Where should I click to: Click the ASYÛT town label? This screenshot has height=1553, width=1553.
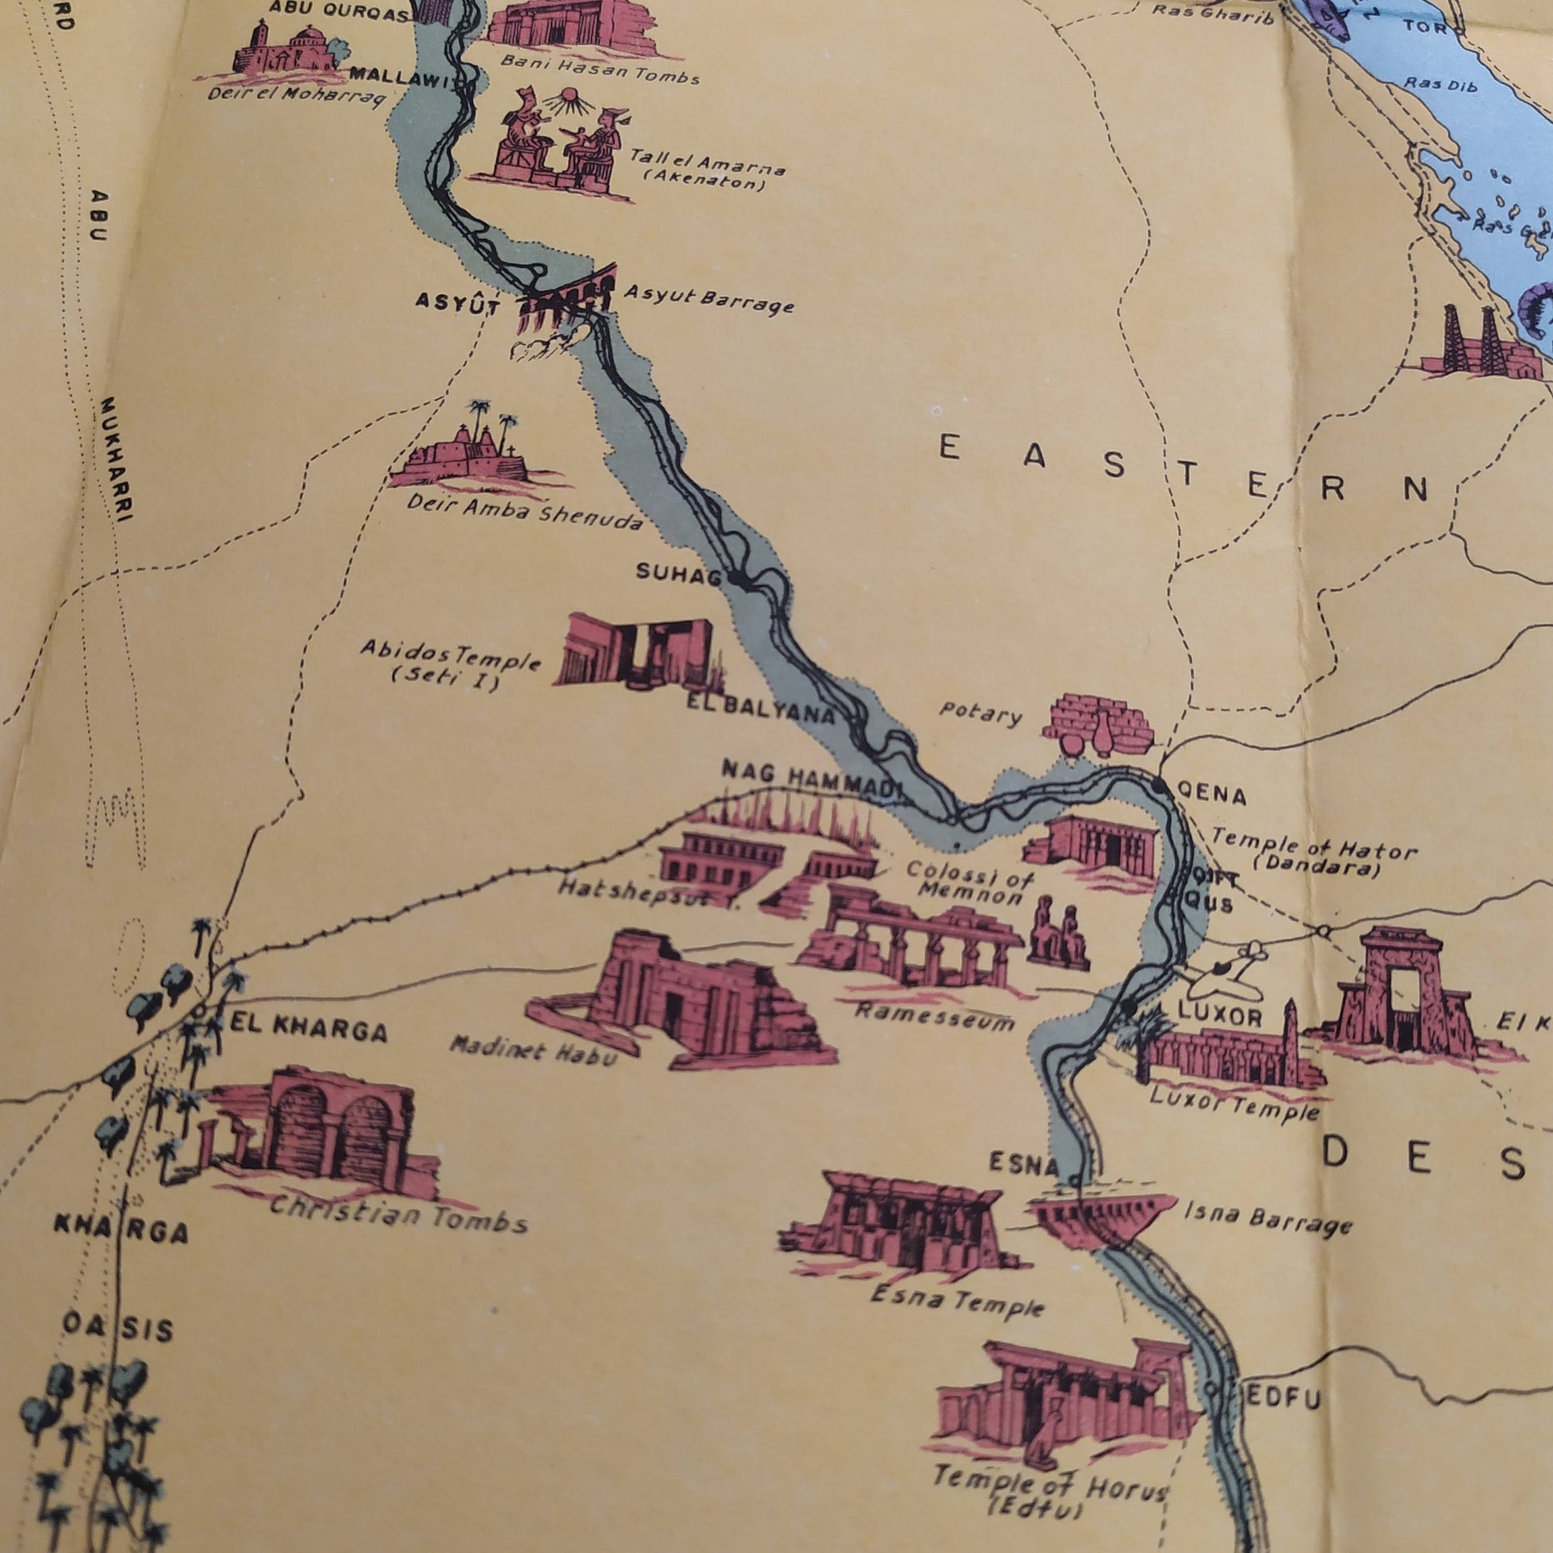(457, 304)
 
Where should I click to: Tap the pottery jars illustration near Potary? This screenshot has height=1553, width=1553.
(1097, 724)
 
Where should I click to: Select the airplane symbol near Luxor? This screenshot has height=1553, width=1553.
(1222, 970)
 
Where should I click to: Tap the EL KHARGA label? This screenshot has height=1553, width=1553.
(309, 1029)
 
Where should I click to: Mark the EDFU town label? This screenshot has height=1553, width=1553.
(1282, 1400)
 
